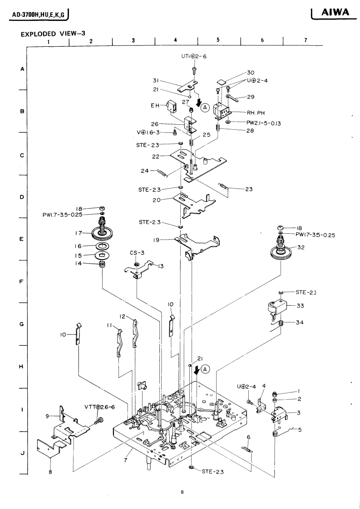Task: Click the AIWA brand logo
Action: pyautogui.click(x=336, y=14)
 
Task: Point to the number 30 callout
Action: pyautogui.click(x=250, y=73)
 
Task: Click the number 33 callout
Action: pyautogui.click(x=300, y=306)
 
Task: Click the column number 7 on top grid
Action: pyautogui.click(x=306, y=40)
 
